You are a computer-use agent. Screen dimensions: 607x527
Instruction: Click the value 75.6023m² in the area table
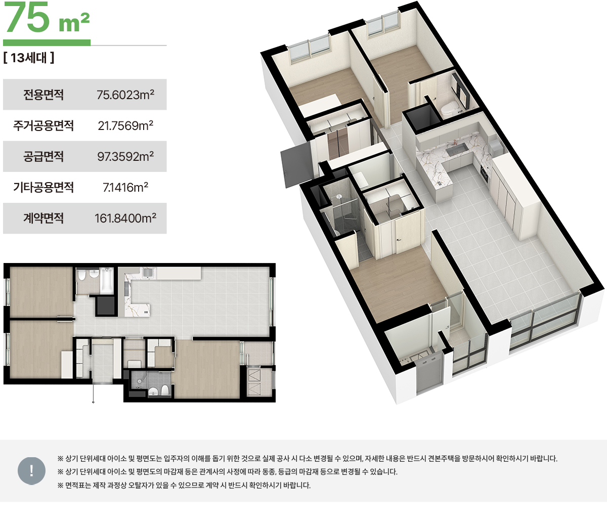tap(125, 95)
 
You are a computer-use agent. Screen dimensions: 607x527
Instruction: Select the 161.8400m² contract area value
tap(125, 218)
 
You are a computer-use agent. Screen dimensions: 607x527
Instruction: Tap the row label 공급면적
tap(44, 156)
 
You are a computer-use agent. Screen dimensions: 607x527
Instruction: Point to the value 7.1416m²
tap(125, 187)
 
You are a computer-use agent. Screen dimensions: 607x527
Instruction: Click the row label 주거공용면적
tap(44, 125)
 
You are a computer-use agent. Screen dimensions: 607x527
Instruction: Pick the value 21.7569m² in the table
tap(125, 125)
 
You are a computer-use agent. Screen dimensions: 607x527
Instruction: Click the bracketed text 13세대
tap(29, 58)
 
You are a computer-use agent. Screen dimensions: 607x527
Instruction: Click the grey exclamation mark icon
tap(31, 471)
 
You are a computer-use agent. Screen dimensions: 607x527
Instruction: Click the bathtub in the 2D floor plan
tap(107, 281)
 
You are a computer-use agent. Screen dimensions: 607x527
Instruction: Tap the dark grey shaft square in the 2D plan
tap(105, 305)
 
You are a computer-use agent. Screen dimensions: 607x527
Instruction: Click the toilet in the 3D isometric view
tap(448, 109)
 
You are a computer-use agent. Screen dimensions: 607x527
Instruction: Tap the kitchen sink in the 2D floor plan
tap(147, 272)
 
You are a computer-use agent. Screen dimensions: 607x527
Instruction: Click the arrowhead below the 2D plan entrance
tap(93, 402)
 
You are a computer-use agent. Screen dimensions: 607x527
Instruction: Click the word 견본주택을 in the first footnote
tap(444, 459)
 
